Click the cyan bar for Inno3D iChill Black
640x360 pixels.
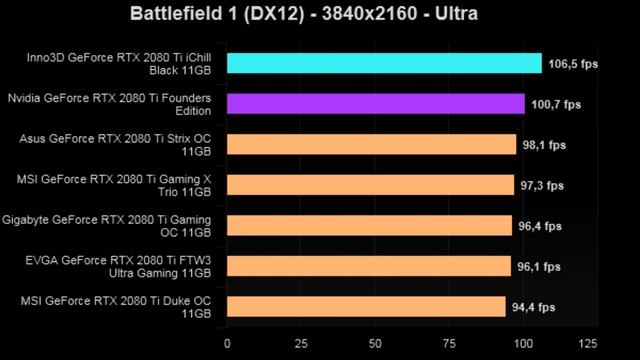point(384,64)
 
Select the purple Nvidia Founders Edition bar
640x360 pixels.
point(376,104)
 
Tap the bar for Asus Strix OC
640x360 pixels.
point(372,145)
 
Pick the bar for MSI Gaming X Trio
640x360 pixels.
point(370,186)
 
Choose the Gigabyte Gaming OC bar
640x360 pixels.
point(369,226)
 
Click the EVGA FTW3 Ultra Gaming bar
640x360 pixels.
point(369,267)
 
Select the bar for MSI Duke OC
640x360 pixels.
point(366,307)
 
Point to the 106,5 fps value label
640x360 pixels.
point(573,64)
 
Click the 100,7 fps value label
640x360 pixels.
point(556,104)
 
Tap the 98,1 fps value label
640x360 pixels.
point(548,145)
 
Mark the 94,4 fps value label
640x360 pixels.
point(537,307)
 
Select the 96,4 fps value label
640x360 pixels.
point(543,226)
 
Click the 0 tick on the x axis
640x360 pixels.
point(228,343)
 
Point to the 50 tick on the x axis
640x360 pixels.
point(376,343)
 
